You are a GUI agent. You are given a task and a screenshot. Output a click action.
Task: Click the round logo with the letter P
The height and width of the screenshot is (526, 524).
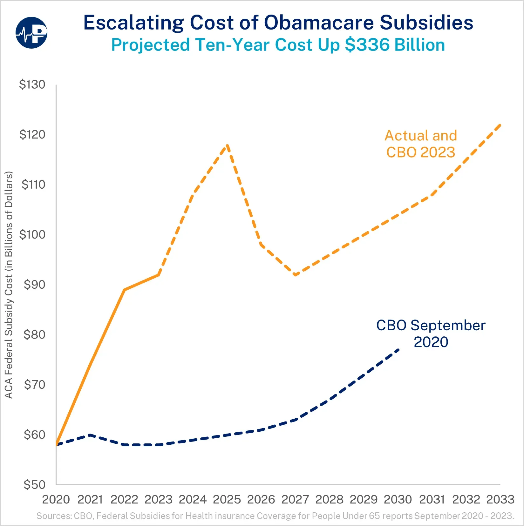tap(31, 33)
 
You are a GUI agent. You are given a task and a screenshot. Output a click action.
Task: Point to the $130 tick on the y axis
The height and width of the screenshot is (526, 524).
tap(32, 84)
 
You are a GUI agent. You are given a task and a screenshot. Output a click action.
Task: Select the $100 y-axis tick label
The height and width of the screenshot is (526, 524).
tap(32, 235)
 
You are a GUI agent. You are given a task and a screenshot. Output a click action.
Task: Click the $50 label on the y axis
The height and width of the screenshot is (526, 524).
tap(34, 485)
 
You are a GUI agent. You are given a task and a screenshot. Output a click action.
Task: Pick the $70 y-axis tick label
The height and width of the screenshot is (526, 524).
tap(35, 385)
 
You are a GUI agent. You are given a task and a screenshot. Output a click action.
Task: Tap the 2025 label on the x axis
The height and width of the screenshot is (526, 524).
tap(227, 500)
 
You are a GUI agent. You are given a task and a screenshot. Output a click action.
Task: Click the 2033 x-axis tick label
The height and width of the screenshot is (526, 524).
tap(500, 500)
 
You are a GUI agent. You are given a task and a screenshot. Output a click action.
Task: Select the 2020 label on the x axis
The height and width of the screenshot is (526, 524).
tap(56, 500)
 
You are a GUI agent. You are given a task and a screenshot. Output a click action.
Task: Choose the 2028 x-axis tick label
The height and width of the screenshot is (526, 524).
tap(329, 500)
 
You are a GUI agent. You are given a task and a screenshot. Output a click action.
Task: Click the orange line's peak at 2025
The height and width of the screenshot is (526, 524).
tap(227, 145)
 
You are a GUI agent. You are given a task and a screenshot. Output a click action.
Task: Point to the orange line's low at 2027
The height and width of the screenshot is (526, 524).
tap(296, 275)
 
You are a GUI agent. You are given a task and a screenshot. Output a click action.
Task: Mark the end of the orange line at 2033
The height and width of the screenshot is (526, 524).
tap(500, 125)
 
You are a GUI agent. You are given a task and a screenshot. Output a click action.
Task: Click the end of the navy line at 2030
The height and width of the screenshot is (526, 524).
tap(398, 349)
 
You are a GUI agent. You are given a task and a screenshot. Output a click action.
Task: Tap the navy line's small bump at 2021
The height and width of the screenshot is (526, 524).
tap(90, 435)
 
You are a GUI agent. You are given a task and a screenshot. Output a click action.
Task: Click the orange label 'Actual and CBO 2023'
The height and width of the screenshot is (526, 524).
tap(421, 144)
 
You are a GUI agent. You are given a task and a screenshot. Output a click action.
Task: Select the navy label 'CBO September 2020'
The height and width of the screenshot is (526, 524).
tap(431, 334)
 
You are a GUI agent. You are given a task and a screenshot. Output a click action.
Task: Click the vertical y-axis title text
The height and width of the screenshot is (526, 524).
tap(9, 285)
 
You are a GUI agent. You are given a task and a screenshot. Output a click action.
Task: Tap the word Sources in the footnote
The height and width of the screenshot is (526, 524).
tap(54, 516)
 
